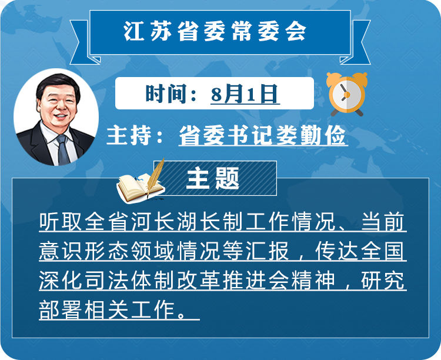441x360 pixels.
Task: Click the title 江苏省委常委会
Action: (x=215, y=31)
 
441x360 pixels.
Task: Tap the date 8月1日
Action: (x=245, y=94)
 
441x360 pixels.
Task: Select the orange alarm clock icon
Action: (x=347, y=94)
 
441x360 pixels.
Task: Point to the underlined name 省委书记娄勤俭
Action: (x=263, y=135)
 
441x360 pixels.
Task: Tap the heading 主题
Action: (x=212, y=178)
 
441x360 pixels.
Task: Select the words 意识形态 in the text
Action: (x=85, y=251)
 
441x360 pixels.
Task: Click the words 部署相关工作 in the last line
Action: (x=108, y=310)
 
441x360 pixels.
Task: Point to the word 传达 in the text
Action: (x=337, y=251)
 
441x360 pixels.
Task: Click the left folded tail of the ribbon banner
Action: (x=84, y=42)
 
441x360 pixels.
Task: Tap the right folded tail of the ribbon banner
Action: (x=356, y=42)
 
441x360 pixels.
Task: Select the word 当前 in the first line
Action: (x=383, y=222)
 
